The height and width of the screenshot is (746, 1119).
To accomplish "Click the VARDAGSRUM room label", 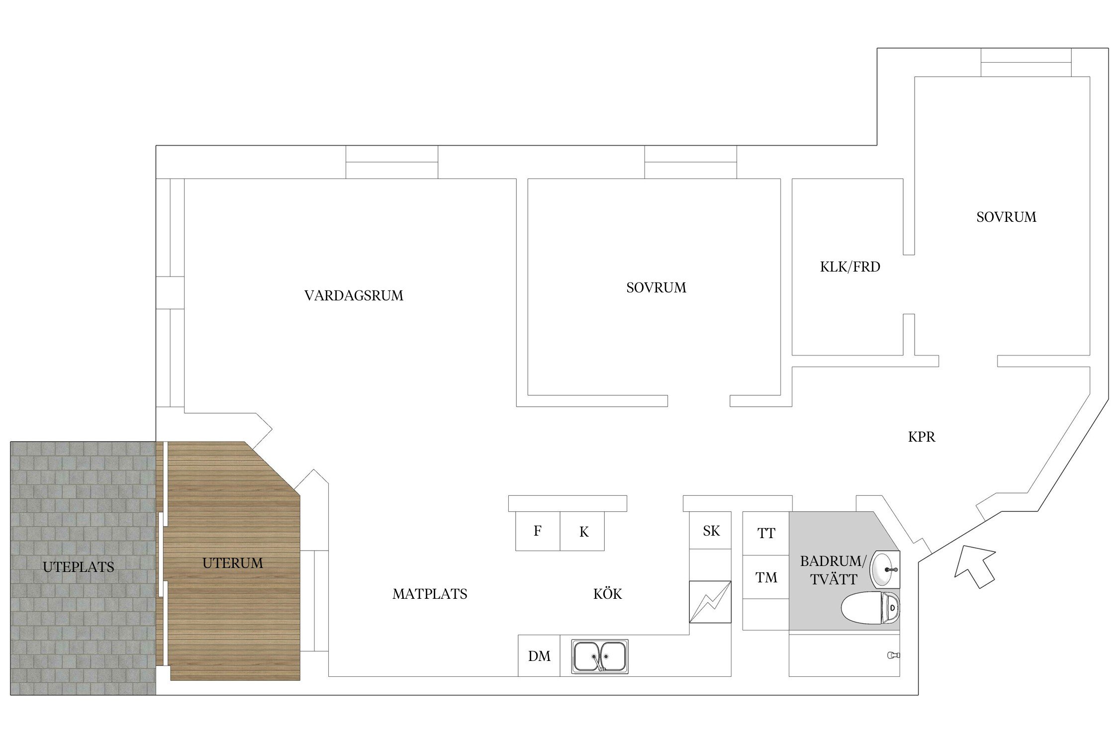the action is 354,295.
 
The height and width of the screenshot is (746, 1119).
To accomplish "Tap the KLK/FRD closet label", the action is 850,267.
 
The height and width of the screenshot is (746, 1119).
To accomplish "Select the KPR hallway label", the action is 922,437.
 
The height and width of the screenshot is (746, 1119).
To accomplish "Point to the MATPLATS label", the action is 430,594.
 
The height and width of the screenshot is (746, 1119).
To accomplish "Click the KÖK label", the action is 607,593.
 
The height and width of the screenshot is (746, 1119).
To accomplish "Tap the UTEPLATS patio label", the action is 79,567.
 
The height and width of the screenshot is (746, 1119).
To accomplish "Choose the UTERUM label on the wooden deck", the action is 232,563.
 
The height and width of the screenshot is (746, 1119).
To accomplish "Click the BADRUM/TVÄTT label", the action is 834,570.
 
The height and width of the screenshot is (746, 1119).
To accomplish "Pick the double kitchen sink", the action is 600,656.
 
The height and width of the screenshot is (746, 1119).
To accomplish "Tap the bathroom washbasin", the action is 885,569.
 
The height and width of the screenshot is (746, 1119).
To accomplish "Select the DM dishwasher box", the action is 539,656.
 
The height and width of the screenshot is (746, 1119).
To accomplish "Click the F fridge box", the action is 538,531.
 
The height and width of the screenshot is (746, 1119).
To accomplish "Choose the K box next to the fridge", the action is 582,531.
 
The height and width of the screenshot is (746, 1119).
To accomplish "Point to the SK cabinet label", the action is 711,531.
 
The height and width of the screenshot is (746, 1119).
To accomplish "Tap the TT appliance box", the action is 766,533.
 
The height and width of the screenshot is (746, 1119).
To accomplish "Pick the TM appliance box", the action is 766,577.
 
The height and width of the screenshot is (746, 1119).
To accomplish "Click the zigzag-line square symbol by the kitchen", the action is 710,602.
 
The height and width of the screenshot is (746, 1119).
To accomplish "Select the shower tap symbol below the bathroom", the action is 894,655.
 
